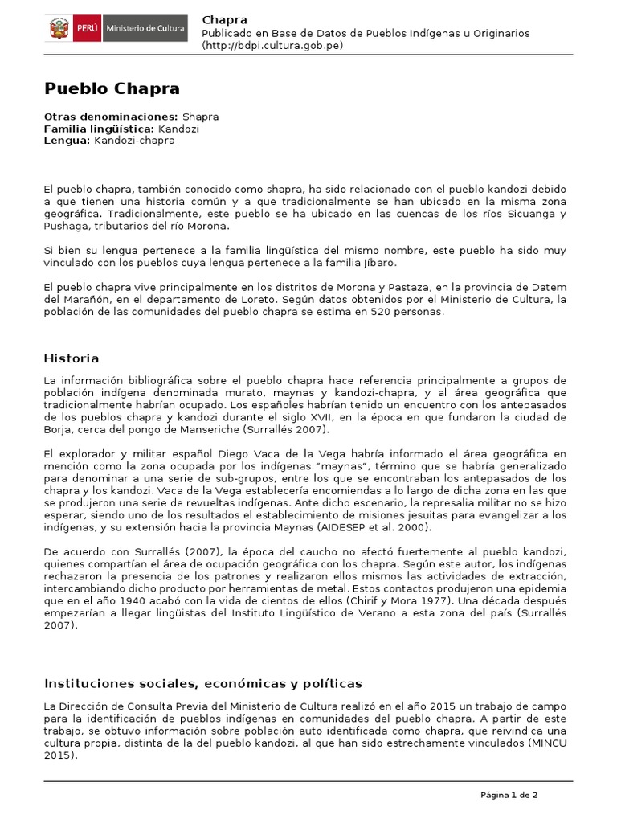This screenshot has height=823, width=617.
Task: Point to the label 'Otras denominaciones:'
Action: coord(111,117)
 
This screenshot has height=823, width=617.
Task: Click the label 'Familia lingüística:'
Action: coord(100,129)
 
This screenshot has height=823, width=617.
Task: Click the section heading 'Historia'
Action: coord(72,358)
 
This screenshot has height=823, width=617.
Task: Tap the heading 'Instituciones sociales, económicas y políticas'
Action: coord(203,684)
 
